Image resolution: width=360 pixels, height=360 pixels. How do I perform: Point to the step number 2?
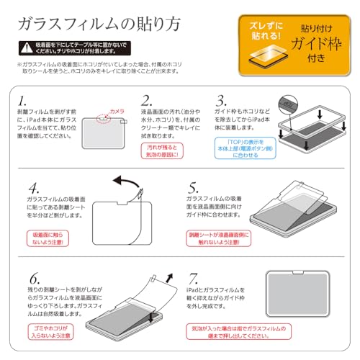(146, 100)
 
